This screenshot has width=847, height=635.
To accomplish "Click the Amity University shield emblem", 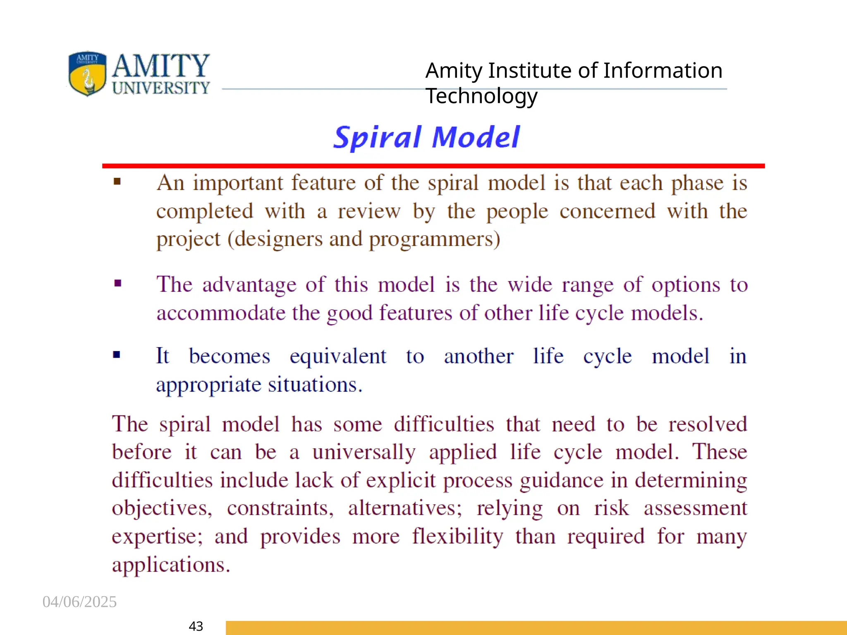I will (x=87, y=74).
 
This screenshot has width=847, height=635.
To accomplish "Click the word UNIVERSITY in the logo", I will (x=161, y=88).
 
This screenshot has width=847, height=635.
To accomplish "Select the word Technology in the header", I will (x=481, y=96).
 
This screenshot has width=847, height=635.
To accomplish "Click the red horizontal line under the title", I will (x=433, y=166).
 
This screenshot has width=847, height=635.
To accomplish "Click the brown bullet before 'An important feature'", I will (x=117, y=181).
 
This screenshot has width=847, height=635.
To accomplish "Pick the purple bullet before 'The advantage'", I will (x=118, y=283).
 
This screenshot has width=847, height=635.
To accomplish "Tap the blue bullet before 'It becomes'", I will (x=117, y=355).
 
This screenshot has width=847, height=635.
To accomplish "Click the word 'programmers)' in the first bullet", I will (x=434, y=239).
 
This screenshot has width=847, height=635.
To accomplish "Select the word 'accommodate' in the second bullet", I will (x=221, y=313).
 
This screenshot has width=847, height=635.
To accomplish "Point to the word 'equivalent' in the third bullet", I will (x=338, y=356).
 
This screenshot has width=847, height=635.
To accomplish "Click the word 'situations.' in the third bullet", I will (x=315, y=384).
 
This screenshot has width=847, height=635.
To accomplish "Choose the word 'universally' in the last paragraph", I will (x=364, y=452).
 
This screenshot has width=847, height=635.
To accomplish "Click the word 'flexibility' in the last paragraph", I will (x=457, y=536).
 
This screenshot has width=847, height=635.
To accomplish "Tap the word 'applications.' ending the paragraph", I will (x=171, y=565).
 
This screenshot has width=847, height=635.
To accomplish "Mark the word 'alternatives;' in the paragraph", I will (x=405, y=508).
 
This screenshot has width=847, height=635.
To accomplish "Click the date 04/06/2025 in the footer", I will (x=79, y=602).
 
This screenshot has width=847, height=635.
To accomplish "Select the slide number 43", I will (x=196, y=626).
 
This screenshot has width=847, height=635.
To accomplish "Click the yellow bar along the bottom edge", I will (x=536, y=628).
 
